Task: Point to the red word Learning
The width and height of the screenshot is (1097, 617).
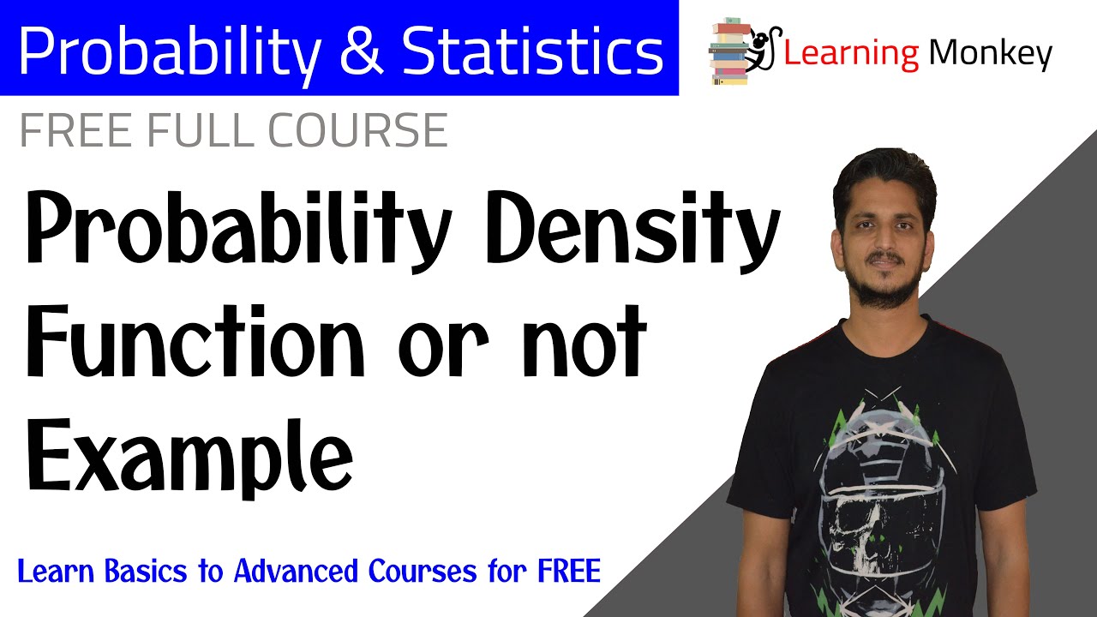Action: [849, 54]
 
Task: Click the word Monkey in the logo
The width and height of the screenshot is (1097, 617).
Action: [990, 54]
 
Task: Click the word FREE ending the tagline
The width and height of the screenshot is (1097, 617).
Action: [565, 571]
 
